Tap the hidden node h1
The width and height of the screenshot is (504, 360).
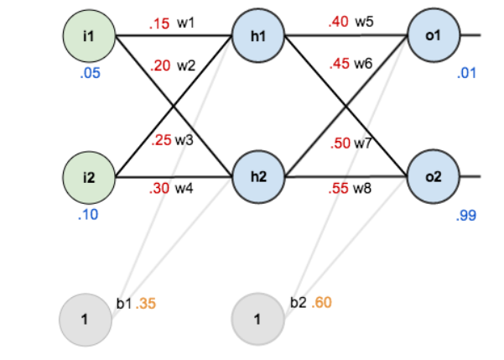pyautogui.click(x=257, y=36)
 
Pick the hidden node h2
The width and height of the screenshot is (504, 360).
pyautogui.click(x=257, y=178)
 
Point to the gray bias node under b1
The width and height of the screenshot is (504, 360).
pyautogui.click(x=86, y=320)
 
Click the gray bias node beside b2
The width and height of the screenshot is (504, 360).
pyautogui.click(x=257, y=320)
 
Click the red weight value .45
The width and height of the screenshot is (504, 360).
pyautogui.click(x=339, y=64)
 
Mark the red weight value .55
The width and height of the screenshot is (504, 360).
pyautogui.click(x=339, y=189)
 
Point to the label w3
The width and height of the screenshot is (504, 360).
pyautogui.click(x=184, y=140)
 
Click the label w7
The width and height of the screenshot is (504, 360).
pyautogui.click(x=363, y=143)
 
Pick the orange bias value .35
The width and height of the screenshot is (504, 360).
pyautogui.click(x=147, y=302)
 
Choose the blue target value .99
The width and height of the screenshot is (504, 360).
pyautogui.click(x=466, y=216)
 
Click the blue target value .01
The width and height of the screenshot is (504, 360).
pyautogui.click(x=466, y=74)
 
